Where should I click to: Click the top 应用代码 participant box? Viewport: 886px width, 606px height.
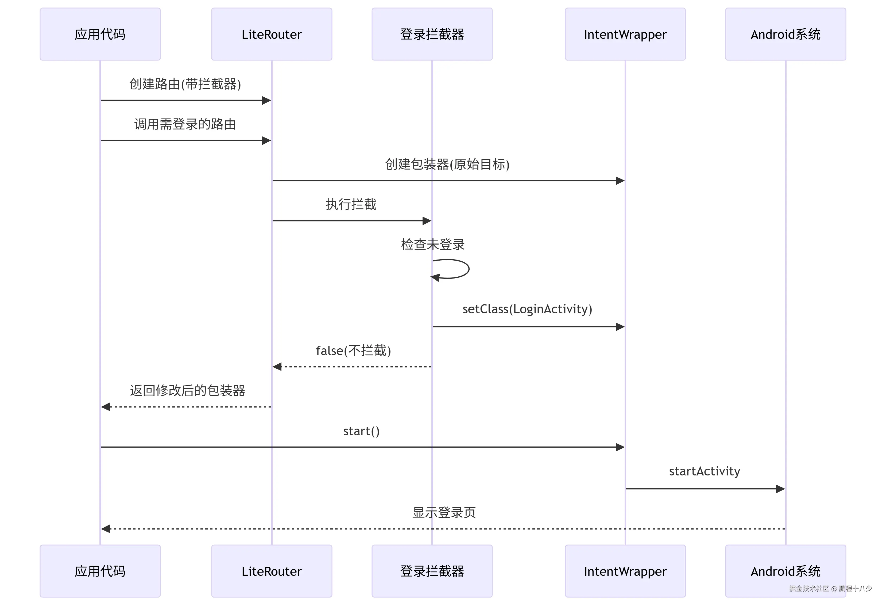pos(100,34)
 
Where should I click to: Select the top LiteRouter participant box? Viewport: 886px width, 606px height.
pos(272,34)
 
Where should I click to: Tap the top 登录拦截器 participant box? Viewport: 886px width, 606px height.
pos(432,34)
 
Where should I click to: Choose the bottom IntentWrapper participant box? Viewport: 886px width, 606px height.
pos(625,571)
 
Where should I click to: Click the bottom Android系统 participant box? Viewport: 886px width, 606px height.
pos(785,571)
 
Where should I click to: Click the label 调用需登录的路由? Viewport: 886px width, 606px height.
pos(185,124)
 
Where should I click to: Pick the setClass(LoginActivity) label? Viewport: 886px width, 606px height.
pos(527,309)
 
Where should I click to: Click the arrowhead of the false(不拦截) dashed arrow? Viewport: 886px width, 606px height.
pos(277,367)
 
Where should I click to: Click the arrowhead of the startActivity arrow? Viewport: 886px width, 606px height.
pos(780,489)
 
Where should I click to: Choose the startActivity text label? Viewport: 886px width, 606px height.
pos(705,471)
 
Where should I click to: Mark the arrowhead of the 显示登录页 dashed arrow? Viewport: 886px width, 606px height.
pos(106,529)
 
